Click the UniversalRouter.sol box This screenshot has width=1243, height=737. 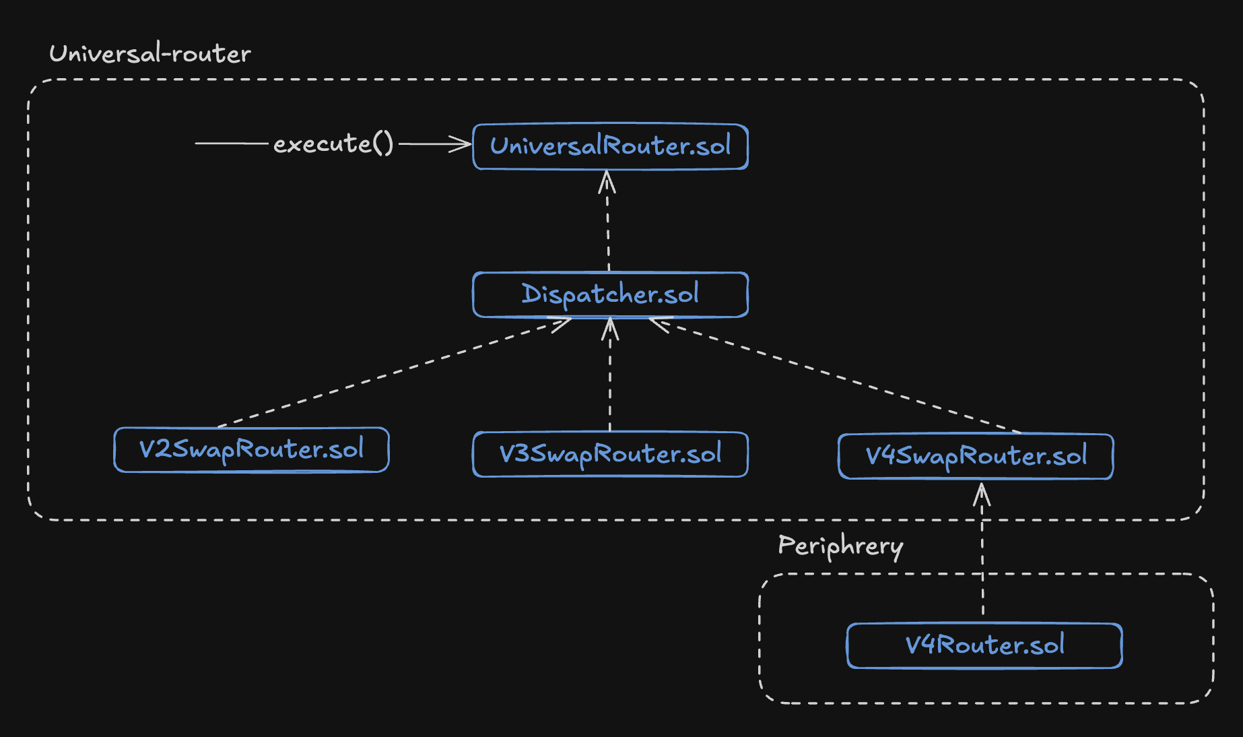click(x=610, y=146)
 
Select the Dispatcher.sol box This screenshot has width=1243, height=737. click(x=610, y=294)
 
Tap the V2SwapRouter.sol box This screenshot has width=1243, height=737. click(x=251, y=449)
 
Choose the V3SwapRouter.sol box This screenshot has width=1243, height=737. click(x=610, y=454)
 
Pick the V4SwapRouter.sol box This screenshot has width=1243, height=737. click(x=976, y=456)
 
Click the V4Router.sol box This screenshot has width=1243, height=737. click(x=984, y=645)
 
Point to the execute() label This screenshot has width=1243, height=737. click(x=333, y=143)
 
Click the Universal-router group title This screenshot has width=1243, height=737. click(x=150, y=53)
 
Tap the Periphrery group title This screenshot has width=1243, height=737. click(x=840, y=546)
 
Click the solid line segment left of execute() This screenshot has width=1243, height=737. click(x=232, y=143)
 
